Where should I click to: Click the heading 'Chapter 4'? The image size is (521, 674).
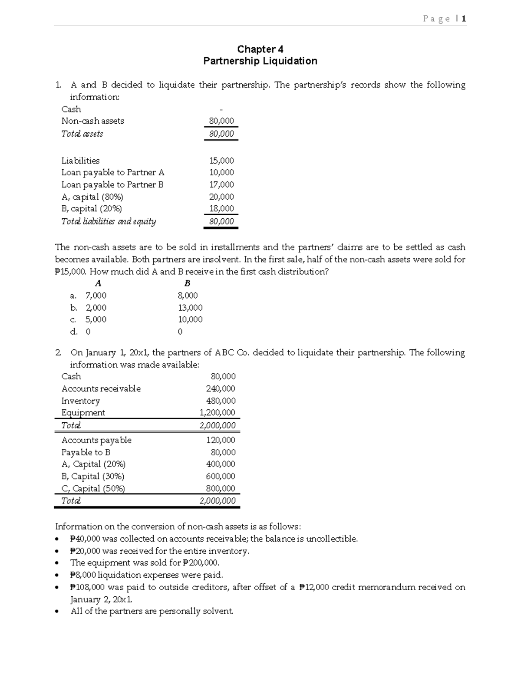[x=260, y=49]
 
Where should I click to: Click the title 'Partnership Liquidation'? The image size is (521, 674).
[x=260, y=61]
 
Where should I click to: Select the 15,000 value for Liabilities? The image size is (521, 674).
[x=221, y=161]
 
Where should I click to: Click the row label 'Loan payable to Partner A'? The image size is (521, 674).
[x=113, y=172]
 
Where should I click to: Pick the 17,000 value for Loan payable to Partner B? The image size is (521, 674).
[x=221, y=184]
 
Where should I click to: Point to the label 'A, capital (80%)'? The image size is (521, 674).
[x=92, y=197]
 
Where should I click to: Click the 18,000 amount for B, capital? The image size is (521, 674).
[x=221, y=208]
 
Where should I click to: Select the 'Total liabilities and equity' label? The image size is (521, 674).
[x=109, y=221]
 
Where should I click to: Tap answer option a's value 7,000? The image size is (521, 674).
[x=96, y=296]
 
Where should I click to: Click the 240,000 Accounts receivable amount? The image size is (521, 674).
[x=221, y=388]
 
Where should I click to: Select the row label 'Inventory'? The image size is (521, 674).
[x=80, y=401]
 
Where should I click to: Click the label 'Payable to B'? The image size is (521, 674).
[x=86, y=452]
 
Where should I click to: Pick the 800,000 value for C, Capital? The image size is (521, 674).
[x=221, y=488]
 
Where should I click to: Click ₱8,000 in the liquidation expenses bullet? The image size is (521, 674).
[x=83, y=575]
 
